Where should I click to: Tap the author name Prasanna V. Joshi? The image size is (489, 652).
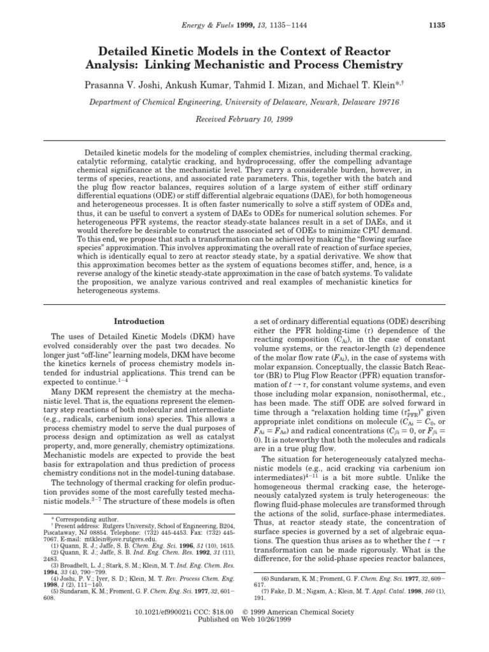pyautogui.click(x=133, y=85)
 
